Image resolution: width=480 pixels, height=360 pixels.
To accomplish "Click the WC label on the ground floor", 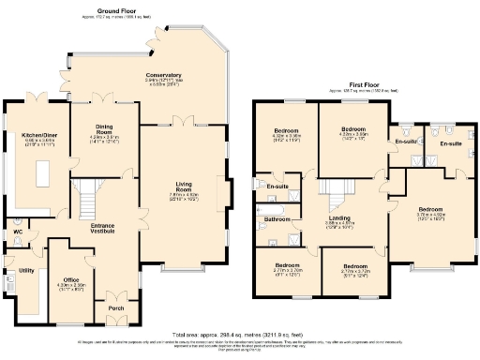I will pyautogui.click(x=18, y=232).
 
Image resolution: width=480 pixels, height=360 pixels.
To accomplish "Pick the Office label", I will pyautogui.click(x=71, y=279).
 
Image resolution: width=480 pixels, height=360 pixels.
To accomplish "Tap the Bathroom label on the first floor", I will pyautogui.click(x=277, y=220).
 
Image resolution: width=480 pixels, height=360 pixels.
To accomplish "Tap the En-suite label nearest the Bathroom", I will pyautogui.click(x=277, y=187).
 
